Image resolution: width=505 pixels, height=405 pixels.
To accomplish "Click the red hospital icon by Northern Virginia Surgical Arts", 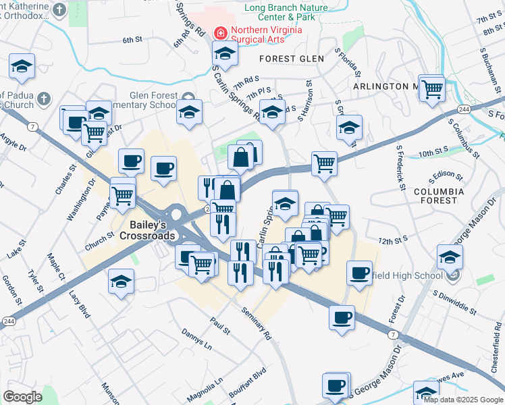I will [219, 32].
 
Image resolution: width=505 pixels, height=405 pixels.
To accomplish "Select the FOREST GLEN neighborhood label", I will [292, 59].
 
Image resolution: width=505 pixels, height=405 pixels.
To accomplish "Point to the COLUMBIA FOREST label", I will [440, 196].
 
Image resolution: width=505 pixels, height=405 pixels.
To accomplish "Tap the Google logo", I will [22, 397].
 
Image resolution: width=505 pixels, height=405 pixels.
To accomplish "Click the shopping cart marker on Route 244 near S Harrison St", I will [325, 163].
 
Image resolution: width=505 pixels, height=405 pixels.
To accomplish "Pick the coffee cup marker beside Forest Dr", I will [360, 273].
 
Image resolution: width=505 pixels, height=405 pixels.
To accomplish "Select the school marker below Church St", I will [122, 281].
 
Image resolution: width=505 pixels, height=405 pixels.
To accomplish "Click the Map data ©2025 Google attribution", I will [463, 400].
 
